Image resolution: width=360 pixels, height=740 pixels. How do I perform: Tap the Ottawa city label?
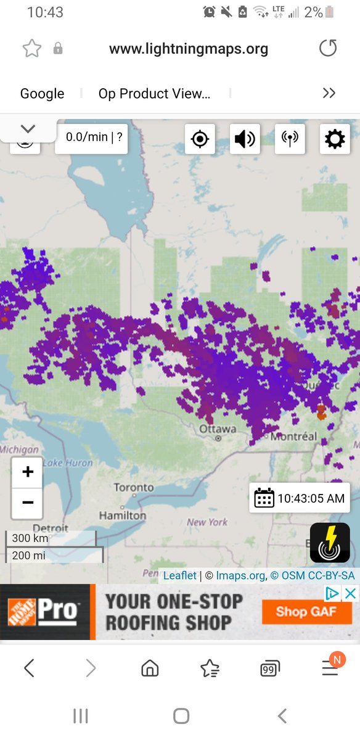click(x=218, y=429)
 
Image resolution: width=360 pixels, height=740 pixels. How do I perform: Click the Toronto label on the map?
click(x=133, y=487)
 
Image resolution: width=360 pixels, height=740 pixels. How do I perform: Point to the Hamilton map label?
click(x=123, y=515)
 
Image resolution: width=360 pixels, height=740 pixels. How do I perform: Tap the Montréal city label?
click(x=293, y=437)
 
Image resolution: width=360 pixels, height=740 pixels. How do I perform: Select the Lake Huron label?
click(x=68, y=462)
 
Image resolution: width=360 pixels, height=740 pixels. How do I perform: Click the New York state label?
click(x=207, y=522)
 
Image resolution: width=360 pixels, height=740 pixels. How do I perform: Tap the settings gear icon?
click(x=335, y=139)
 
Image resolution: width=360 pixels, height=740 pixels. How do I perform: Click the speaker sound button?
click(x=245, y=139)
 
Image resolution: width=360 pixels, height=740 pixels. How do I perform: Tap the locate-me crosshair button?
click(x=200, y=139)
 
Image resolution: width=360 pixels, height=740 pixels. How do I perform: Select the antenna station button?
click(x=290, y=139)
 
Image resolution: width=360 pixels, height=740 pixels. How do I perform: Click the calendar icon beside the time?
click(x=264, y=498)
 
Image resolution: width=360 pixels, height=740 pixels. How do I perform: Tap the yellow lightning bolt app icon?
click(x=330, y=543)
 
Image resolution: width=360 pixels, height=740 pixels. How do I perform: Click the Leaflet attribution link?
click(x=179, y=575)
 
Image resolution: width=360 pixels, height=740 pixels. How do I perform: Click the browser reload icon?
click(x=329, y=49)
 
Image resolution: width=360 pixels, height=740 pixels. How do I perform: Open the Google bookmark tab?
click(x=42, y=94)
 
